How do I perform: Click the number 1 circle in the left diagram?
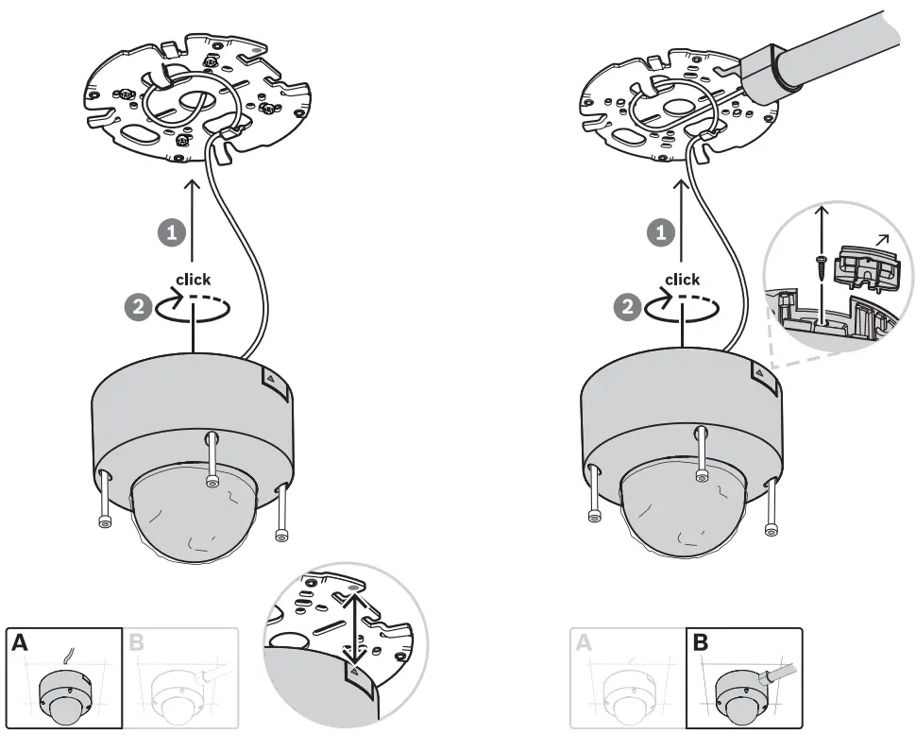pos(170,231)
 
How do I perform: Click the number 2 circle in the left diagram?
pos(138,305)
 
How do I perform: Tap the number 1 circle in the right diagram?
pos(659,231)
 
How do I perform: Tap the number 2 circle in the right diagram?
pos(627,305)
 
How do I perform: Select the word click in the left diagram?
pos(194,280)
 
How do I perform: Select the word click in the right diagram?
pos(682,280)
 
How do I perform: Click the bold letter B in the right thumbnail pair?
pos(700,644)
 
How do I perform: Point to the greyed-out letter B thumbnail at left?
pos(179,678)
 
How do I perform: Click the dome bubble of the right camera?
pos(682,515)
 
